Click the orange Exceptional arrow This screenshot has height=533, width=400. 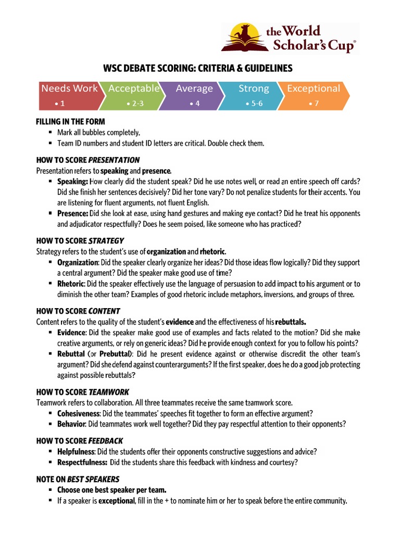[x=314, y=95]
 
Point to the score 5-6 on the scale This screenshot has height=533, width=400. [x=254, y=104]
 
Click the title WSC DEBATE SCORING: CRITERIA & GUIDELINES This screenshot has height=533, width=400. [x=197, y=68]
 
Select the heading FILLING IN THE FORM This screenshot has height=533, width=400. [x=70, y=121]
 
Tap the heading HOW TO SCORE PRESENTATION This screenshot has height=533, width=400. [x=87, y=160]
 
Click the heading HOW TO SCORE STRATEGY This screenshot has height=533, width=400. [x=80, y=240]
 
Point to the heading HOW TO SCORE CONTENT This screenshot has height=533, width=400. [x=78, y=311]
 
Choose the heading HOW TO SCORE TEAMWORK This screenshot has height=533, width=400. [x=82, y=391]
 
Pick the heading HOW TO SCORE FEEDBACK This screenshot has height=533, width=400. [x=79, y=441]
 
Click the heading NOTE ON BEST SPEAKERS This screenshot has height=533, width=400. [x=78, y=479]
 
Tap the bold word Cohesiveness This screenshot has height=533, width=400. [x=78, y=413]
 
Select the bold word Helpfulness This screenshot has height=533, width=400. [x=76, y=451]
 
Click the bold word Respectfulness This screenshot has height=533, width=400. [x=82, y=462]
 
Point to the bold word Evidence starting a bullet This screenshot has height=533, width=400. [x=71, y=333]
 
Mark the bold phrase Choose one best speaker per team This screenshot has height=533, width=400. [x=112, y=490]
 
